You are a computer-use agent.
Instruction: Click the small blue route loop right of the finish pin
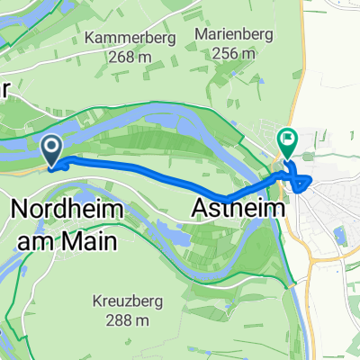tap(302, 184)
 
